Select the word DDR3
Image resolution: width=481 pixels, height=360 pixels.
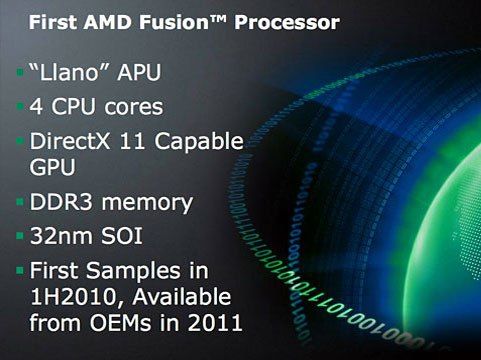coord(59,202)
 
